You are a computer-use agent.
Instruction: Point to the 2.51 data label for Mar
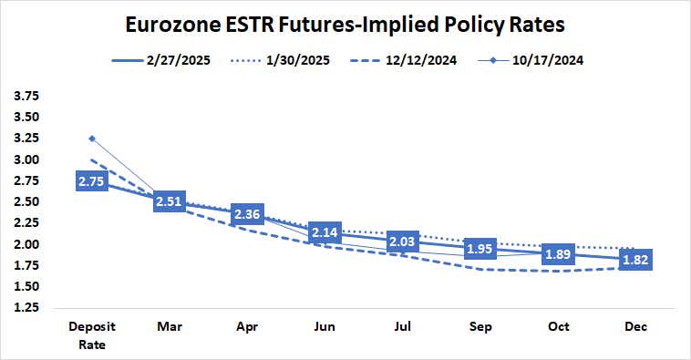(170, 201)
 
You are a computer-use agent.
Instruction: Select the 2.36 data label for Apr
(247, 215)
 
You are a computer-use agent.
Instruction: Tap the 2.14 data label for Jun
(325, 233)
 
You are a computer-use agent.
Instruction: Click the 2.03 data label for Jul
(402, 242)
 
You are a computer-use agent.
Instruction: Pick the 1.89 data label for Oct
(557, 254)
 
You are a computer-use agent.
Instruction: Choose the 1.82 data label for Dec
(634, 261)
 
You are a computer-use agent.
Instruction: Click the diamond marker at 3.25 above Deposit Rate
(92, 139)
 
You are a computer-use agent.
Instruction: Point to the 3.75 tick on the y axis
(27, 96)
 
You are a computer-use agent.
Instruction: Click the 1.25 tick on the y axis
(27, 308)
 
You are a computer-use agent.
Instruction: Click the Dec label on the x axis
(634, 325)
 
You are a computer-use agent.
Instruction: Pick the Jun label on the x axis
(325, 325)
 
